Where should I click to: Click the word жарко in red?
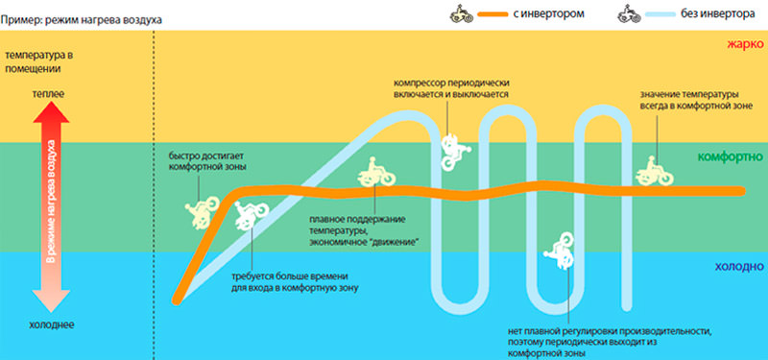(x=746, y=44)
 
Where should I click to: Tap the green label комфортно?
(x=731, y=157)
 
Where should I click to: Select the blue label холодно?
(x=739, y=267)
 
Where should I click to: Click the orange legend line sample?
(x=493, y=14)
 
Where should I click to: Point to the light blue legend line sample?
(x=660, y=14)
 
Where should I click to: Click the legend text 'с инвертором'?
(x=548, y=14)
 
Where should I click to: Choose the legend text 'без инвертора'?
(x=717, y=14)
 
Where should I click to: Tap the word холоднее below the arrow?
(x=52, y=324)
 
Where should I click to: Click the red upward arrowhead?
(x=51, y=112)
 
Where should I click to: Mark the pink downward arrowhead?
(x=51, y=300)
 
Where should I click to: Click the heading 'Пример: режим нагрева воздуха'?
(x=82, y=20)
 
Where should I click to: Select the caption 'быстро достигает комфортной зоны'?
(x=206, y=161)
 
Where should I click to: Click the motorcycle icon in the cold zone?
(x=559, y=251)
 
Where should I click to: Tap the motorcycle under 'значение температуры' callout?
(x=655, y=171)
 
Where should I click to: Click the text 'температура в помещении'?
(x=38, y=62)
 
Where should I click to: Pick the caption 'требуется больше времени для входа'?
(x=295, y=281)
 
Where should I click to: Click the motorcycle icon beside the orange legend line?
(x=462, y=14)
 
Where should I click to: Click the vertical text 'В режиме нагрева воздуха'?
(x=51, y=202)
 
